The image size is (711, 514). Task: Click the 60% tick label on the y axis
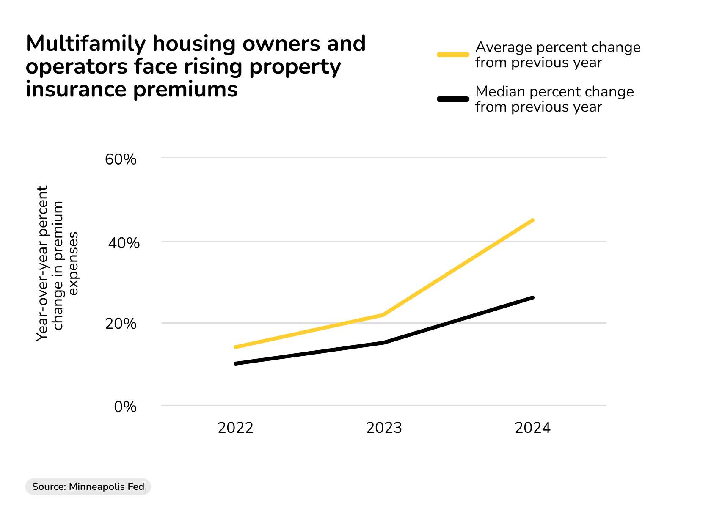[121, 159]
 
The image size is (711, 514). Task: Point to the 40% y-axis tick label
[124, 243]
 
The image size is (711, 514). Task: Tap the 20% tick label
[121, 324]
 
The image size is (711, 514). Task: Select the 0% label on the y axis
[125, 407]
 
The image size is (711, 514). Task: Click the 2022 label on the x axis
[235, 428]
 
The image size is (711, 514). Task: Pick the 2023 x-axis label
[384, 428]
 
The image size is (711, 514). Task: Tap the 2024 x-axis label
[532, 428]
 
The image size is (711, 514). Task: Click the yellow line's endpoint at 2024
[532, 220]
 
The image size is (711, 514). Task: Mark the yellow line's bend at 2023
[383, 315]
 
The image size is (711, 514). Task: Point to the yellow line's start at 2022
[235, 347]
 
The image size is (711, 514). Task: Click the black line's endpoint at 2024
[532, 298]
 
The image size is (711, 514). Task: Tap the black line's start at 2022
[235, 363]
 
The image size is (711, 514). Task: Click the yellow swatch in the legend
[453, 55]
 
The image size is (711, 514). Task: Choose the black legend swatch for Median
[453, 99]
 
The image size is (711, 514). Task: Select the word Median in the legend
[500, 92]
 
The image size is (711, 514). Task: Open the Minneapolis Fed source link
[106, 487]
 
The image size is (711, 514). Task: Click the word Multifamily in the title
[86, 44]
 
